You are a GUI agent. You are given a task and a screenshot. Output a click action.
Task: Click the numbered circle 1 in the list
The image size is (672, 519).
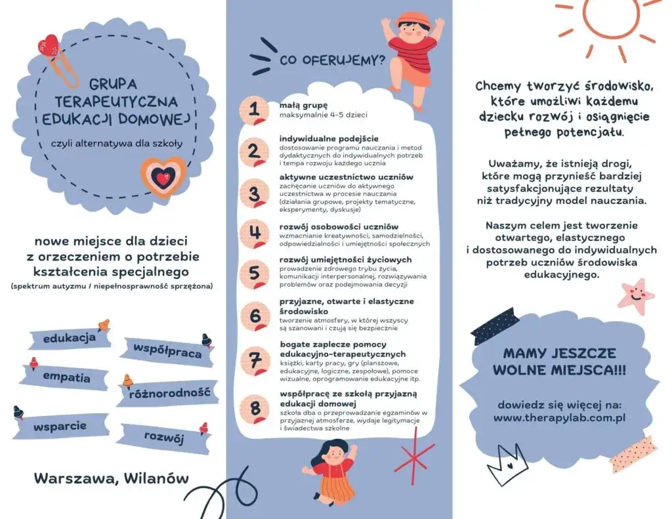(x=254, y=110)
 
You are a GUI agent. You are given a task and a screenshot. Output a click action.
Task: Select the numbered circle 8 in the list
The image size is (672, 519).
(x=254, y=407)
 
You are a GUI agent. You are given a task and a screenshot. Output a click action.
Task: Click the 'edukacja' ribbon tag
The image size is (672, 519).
(x=69, y=339)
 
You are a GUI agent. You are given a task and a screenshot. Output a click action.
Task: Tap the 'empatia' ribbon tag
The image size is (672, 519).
(x=66, y=377)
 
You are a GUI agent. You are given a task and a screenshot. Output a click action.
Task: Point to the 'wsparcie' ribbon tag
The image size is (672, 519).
(x=60, y=426)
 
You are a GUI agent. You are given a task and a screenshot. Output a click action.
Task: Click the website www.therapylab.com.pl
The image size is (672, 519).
(x=558, y=417)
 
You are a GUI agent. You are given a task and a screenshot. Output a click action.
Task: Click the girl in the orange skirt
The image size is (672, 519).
(x=335, y=472)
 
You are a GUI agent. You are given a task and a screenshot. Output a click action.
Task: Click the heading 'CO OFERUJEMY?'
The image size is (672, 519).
(x=332, y=61)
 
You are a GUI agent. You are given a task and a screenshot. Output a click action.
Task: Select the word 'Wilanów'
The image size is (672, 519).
(x=158, y=478)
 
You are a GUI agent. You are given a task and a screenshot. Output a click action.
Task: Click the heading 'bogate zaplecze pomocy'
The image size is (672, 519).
(x=333, y=344)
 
